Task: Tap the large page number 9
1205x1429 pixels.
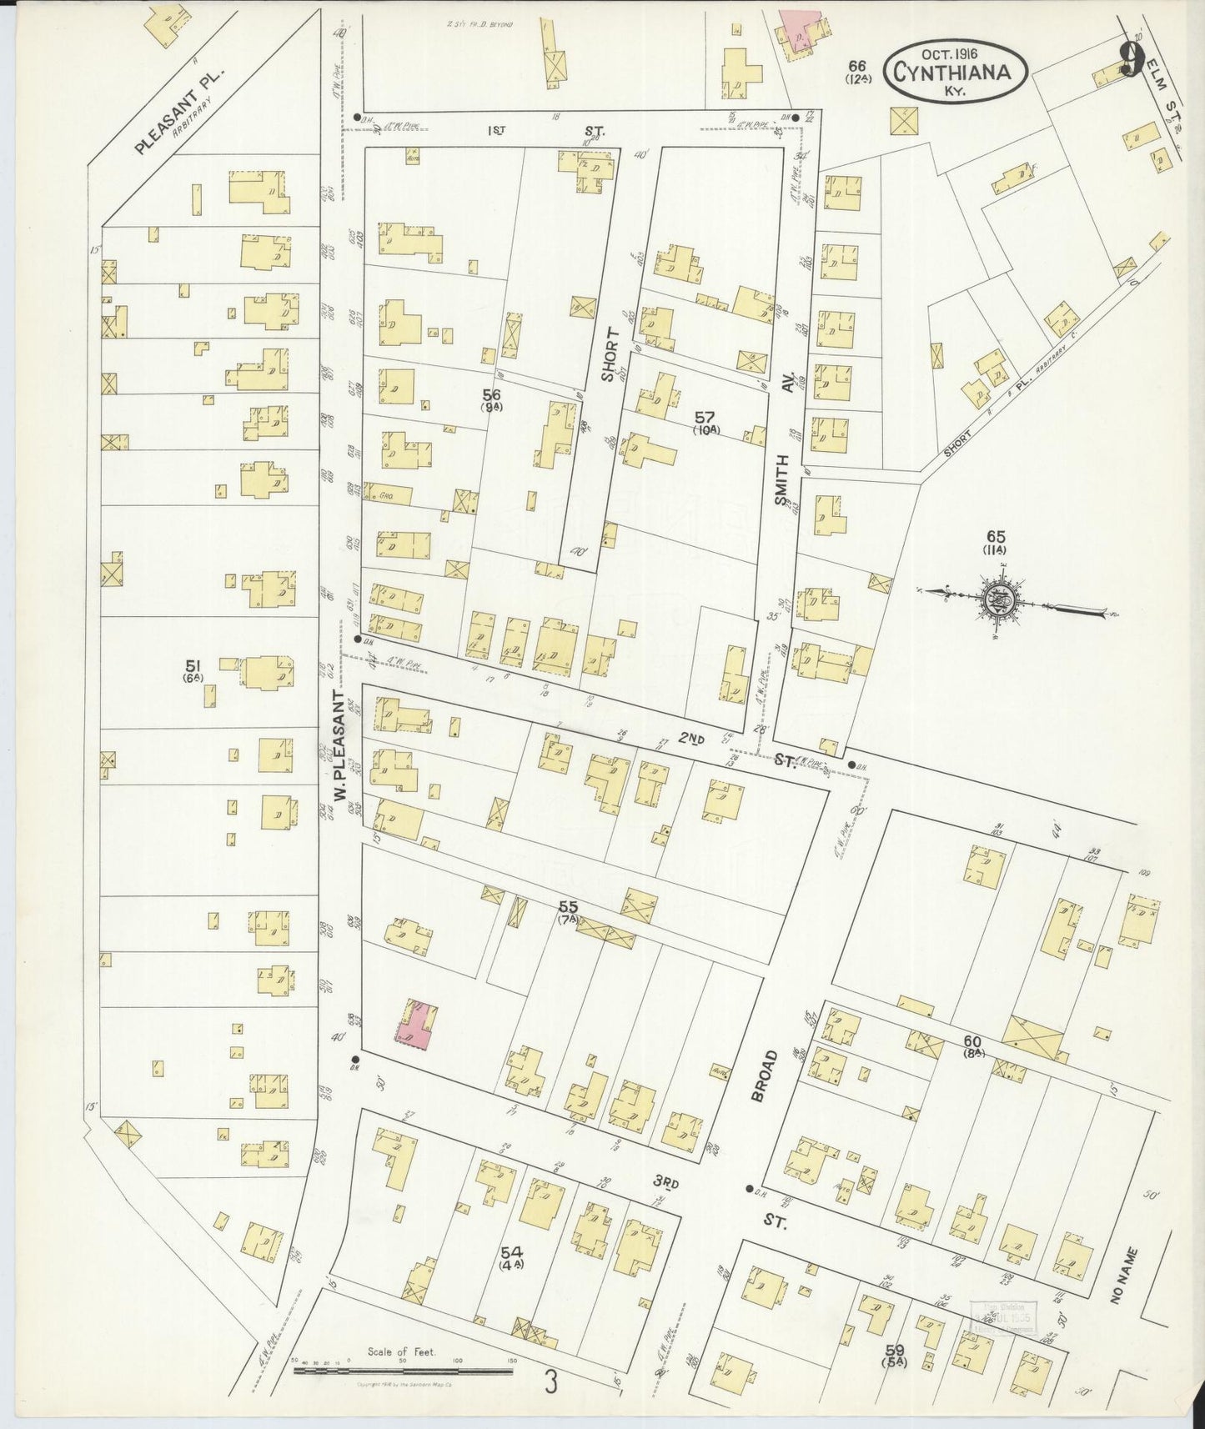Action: click(1131, 59)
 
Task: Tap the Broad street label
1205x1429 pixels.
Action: click(768, 1076)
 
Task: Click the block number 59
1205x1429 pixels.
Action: click(896, 1348)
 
